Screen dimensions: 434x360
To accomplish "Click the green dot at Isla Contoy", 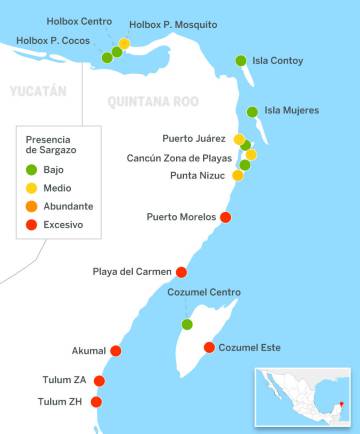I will pos(240,61).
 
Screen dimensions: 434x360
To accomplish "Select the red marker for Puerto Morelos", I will pos(226,217).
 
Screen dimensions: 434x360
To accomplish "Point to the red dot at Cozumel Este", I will pos(209,347).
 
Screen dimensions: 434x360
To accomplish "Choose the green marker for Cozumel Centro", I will pos(187,324).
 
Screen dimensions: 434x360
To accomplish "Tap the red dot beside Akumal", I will pos(116,350).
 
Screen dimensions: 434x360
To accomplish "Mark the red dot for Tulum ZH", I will pos(96,402).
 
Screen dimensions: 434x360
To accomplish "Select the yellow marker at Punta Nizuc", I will pos(238,175).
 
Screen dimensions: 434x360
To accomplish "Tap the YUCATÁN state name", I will pos(38,91).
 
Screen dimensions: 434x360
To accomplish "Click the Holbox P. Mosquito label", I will pos(173,24).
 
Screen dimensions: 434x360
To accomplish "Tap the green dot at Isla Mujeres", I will pos(252,112).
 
